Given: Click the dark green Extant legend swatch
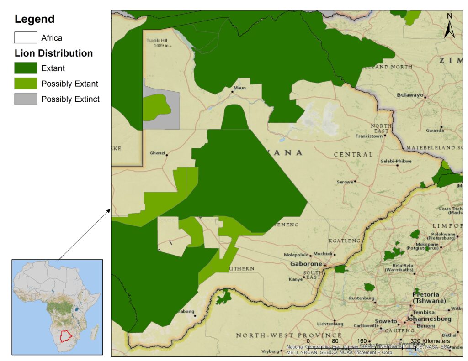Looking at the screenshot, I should pyautogui.click(x=26, y=68).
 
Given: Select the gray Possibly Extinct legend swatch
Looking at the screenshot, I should pyautogui.click(x=26, y=99).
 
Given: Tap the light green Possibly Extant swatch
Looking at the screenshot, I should pyautogui.click(x=26, y=84).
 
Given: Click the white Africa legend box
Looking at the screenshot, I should pyautogui.click(x=26, y=37).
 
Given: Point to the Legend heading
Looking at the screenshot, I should pyautogui.click(x=34, y=19).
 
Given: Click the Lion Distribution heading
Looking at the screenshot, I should pyautogui.click(x=53, y=53).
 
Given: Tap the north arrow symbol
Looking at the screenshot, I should pyautogui.click(x=450, y=26).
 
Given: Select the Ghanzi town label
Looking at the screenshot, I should pyautogui.click(x=157, y=153).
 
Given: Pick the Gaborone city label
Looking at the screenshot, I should pyautogui.click(x=306, y=264).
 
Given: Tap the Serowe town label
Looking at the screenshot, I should pyautogui.click(x=345, y=182).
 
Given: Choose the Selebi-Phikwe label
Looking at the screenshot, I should pyautogui.click(x=396, y=161).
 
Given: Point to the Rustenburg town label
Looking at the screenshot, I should pyautogui.click(x=361, y=298).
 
